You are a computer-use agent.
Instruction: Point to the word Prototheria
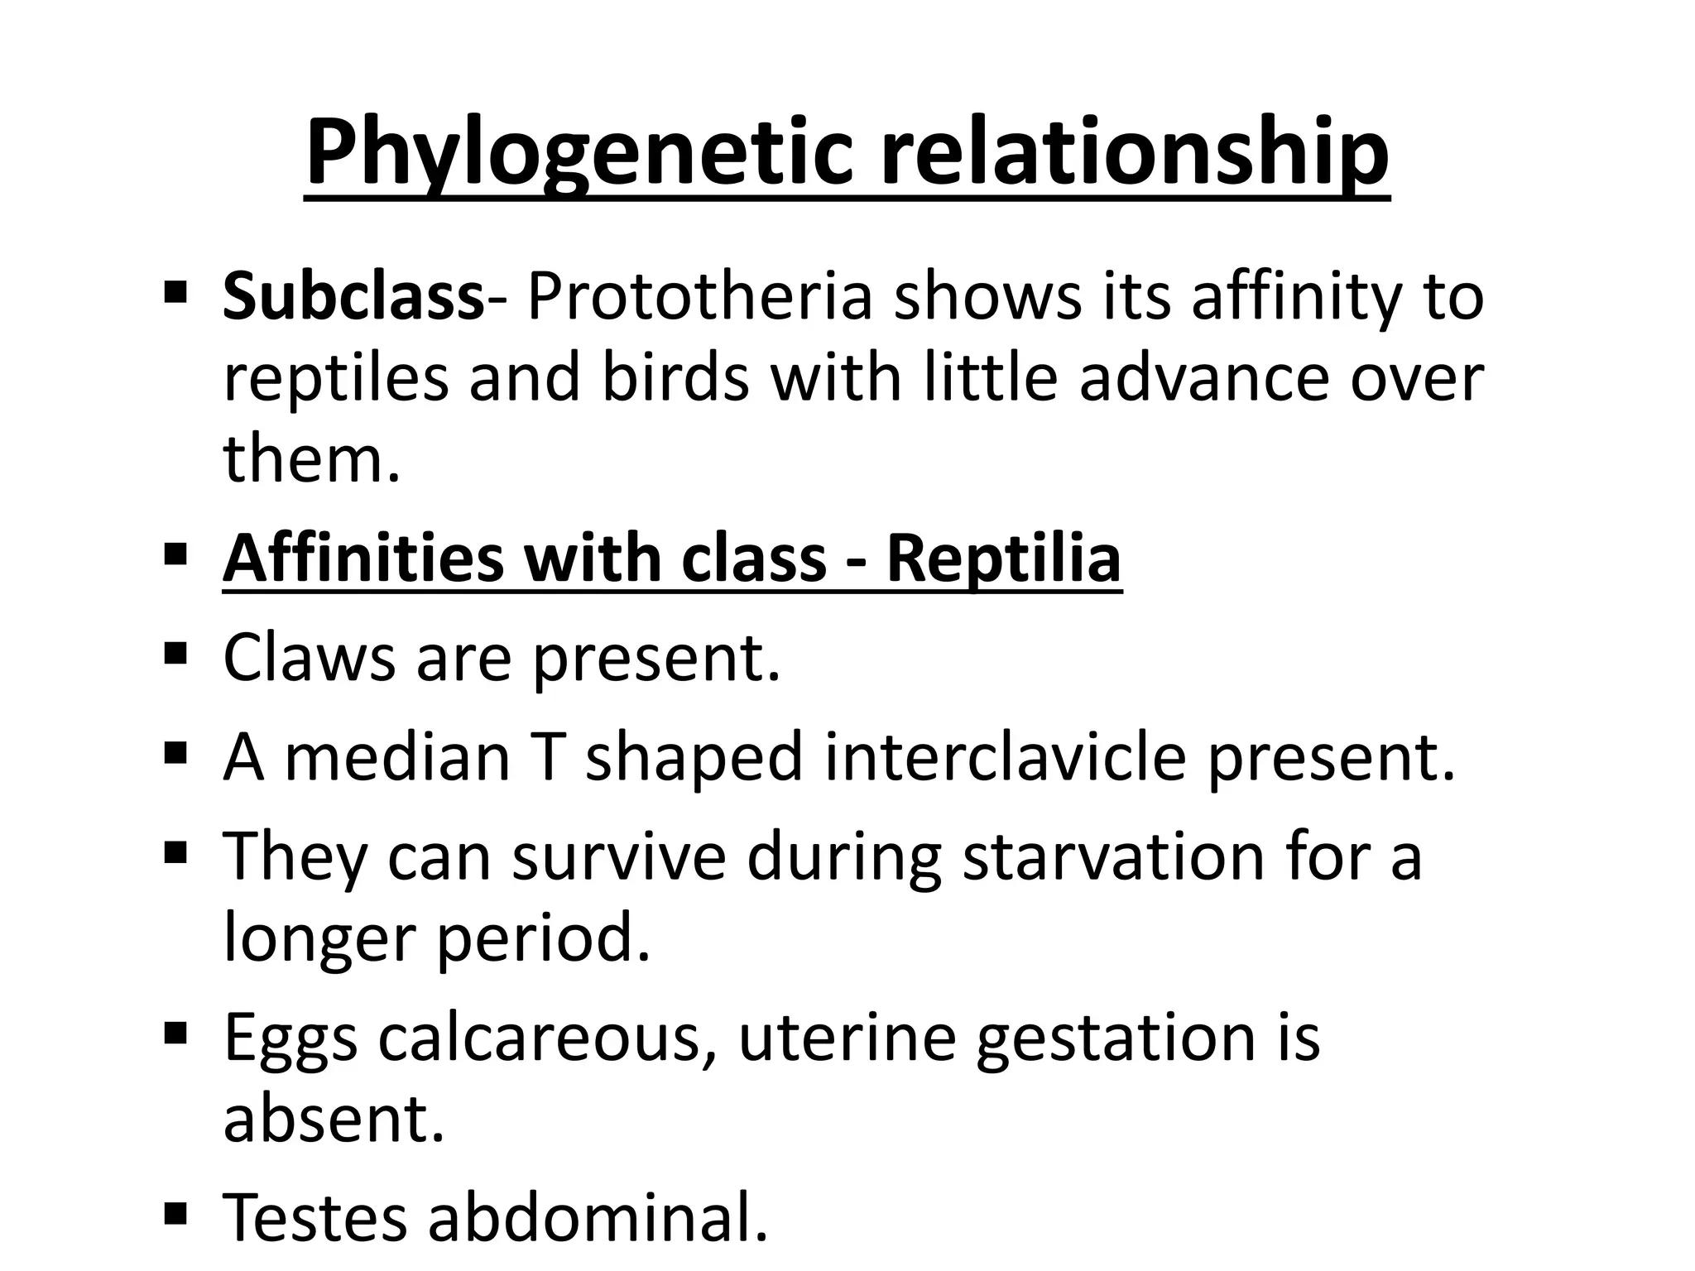click(700, 297)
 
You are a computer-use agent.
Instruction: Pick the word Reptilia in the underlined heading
click(1003, 559)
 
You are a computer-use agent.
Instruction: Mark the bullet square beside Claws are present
click(175, 655)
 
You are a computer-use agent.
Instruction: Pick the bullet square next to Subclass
click(175, 293)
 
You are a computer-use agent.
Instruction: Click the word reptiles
click(335, 378)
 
